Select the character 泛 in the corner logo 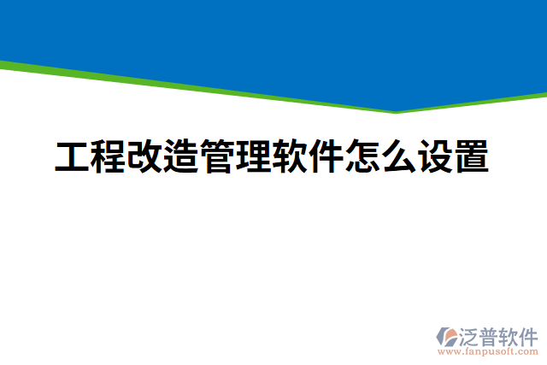(x=469, y=335)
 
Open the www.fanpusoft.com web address (x=488, y=351)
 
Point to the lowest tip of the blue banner (x=396, y=109)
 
